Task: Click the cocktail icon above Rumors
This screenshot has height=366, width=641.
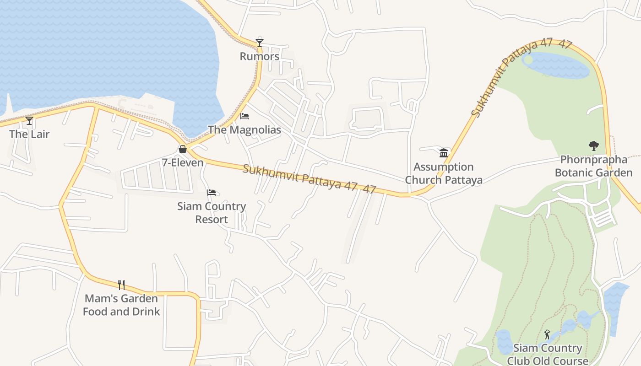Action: pyautogui.click(x=260, y=43)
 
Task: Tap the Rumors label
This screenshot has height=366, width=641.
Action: pyautogui.click(x=260, y=56)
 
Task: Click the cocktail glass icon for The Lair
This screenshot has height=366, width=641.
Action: pyautogui.click(x=29, y=121)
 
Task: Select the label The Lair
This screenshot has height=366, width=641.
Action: pyautogui.click(x=29, y=134)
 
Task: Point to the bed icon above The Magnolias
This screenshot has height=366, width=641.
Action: pyautogui.click(x=244, y=116)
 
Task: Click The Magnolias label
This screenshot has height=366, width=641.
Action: pyautogui.click(x=244, y=130)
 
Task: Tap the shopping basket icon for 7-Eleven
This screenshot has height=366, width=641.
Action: pyautogui.click(x=183, y=149)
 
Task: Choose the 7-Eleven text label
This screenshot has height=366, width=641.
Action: pyautogui.click(x=183, y=162)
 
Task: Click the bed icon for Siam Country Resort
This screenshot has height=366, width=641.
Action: pyautogui.click(x=212, y=193)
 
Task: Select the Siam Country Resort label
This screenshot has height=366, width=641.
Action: pyautogui.click(x=212, y=213)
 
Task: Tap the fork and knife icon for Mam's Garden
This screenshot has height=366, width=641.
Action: pyautogui.click(x=121, y=285)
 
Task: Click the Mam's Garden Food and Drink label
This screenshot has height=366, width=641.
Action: pyautogui.click(x=121, y=305)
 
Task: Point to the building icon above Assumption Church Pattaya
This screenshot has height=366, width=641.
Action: pyautogui.click(x=444, y=153)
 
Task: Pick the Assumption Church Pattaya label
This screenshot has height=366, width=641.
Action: pyautogui.click(x=444, y=173)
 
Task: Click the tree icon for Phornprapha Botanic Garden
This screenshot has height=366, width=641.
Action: pyautogui.click(x=594, y=146)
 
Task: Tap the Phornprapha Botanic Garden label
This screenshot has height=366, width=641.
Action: pyautogui.click(x=594, y=166)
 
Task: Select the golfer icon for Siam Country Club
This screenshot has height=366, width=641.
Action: pyautogui.click(x=547, y=334)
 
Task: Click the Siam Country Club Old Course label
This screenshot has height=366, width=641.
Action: pyautogui.click(x=548, y=355)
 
